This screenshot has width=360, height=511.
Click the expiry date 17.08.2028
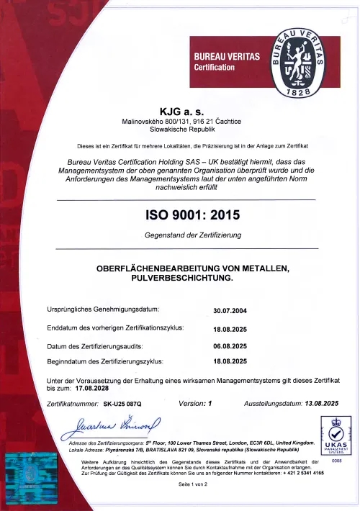(x=81, y=387)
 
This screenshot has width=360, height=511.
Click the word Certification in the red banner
(x=215, y=67)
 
